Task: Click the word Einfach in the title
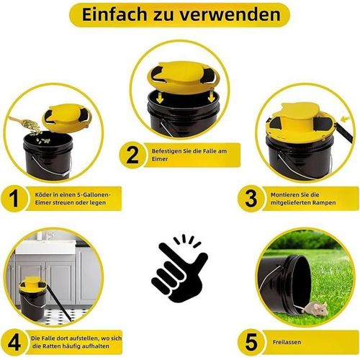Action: click(114, 14)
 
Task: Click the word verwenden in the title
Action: click(230, 15)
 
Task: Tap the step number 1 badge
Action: click(14, 199)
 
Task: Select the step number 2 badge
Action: click(132, 155)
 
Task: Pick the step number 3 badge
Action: click(251, 199)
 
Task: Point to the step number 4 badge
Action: click(14, 342)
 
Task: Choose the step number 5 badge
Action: click(251, 342)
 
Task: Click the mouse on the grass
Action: click(315, 309)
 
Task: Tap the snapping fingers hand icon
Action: click(179, 269)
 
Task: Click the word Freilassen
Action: click(287, 342)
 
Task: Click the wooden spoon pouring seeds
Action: click(24, 122)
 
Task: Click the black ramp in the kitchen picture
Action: click(58, 303)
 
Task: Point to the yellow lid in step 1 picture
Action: click(67, 115)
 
